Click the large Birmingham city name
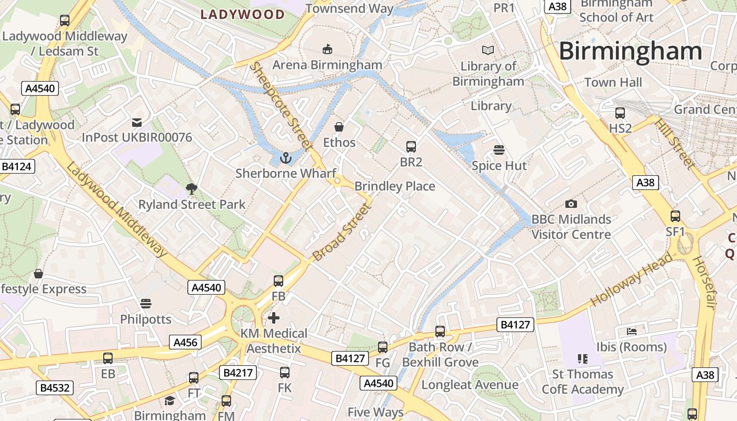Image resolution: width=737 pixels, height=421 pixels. (630, 52)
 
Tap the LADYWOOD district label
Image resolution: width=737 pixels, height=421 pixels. (243, 14)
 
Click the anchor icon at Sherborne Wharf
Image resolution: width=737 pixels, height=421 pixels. (285, 158)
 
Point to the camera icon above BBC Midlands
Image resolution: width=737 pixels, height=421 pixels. (571, 204)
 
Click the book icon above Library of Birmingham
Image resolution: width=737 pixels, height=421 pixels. (488, 51)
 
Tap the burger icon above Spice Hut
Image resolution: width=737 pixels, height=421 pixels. (499, 150)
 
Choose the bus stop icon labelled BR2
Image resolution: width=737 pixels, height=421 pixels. (411, 147)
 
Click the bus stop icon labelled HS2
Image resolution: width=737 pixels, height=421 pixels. (620, 113)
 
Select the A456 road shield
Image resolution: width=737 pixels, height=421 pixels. (185, 343)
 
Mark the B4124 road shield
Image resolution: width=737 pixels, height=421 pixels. (17, 167)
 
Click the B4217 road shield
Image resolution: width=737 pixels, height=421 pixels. (238, 373)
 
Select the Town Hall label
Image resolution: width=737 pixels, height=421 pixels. (613, 83)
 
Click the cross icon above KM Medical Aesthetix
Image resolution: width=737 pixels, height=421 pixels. (274, 318)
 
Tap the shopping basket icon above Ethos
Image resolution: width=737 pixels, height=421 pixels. (339, 127)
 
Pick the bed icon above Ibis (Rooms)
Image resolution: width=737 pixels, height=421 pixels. (632, 332)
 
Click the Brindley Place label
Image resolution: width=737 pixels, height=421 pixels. (395, 186)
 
